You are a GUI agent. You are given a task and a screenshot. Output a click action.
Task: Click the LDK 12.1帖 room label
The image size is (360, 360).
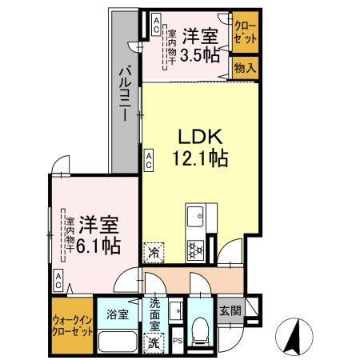[200, 147]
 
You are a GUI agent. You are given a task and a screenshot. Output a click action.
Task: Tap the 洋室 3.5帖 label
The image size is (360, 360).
[200, 46]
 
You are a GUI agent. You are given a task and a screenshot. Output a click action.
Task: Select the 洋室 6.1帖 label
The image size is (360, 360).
[98, 235]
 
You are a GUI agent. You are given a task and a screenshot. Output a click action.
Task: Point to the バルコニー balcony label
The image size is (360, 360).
[125, 94]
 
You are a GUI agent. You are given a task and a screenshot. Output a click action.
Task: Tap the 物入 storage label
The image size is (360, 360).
[245, 68]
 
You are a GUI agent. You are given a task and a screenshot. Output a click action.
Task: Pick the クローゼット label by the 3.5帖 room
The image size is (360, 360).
[245, 33]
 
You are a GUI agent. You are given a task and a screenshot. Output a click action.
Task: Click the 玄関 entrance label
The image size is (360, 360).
[230, 310]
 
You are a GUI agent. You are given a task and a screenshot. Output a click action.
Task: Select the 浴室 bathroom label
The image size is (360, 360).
[118, 314]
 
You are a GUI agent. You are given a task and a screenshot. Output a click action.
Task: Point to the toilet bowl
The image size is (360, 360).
[200, 330]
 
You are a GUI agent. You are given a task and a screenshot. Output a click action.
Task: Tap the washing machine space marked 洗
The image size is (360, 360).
[154, 343]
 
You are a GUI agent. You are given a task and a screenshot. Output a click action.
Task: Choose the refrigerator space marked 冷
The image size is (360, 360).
[154, 253]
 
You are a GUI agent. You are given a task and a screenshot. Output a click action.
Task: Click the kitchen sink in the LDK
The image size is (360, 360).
[195, 216]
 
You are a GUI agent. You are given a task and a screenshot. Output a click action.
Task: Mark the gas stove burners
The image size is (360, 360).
[195, 250]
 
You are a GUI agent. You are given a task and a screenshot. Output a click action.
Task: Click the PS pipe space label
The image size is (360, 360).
[178, 341]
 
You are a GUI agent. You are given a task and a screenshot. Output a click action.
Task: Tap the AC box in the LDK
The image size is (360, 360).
[149, 159]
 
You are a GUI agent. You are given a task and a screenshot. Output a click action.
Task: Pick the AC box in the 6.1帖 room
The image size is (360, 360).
[58, 280]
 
